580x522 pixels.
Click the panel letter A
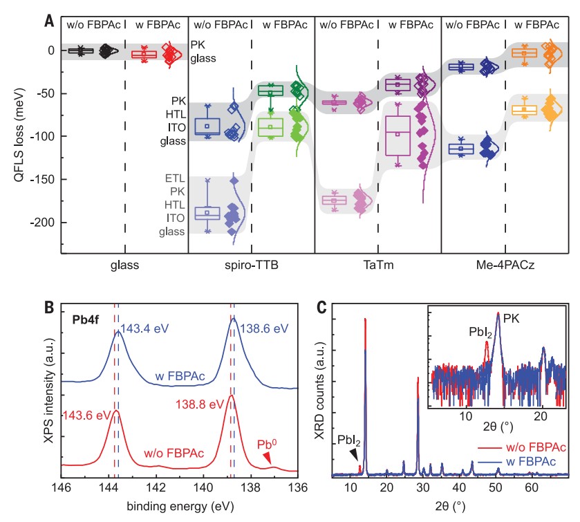(x=50, y=21)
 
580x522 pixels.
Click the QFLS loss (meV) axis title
(x=15, y=136)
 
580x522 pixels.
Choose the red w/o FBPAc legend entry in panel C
(x=533, y=446)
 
